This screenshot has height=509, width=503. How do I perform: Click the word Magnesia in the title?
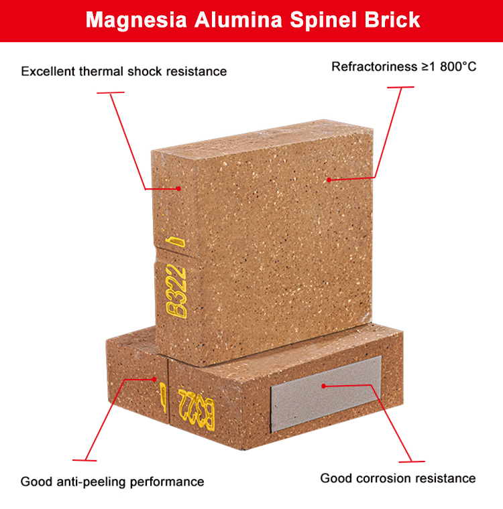[136, 20]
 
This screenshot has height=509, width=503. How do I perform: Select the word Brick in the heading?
[392, 20]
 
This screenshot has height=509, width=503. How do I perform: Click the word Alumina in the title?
[238, 20]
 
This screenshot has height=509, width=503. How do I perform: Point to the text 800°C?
[458, 66]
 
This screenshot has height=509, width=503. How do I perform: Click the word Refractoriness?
[375, 66]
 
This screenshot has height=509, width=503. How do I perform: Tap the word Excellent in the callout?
[48, 72]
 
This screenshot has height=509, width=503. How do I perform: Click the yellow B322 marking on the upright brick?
[176, 291]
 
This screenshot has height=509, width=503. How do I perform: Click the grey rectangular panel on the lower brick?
[326, 393]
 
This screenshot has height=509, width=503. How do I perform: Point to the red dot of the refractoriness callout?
[329, 180]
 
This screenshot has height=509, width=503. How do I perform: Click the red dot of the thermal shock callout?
[178, 189]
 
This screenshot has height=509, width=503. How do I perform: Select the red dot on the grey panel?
[323, 386]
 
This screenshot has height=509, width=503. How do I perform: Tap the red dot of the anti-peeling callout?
[154, 379]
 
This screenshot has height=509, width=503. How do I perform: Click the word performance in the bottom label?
[167, 482]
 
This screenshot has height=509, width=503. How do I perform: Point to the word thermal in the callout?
[101, 72]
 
